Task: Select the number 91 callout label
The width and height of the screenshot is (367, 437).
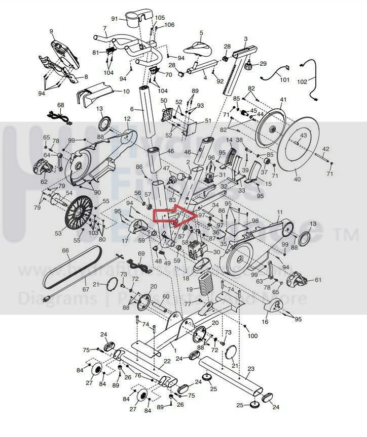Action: (x=115, y=19)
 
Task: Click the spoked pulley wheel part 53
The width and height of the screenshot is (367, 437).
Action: (x=79, y=215)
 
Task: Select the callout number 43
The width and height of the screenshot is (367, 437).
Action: (x=303, y=136)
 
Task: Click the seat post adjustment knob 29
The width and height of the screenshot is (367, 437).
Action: (x=248, y=66)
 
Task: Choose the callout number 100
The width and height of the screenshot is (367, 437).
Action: (x=252, y=336)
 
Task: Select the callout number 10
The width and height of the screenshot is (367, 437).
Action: (x=126, y=92)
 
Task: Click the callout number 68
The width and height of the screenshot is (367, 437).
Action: (x=61, y=105)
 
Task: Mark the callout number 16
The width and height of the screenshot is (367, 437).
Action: (x=265, y=321)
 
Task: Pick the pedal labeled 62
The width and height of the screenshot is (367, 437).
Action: (x=43, y=166)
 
